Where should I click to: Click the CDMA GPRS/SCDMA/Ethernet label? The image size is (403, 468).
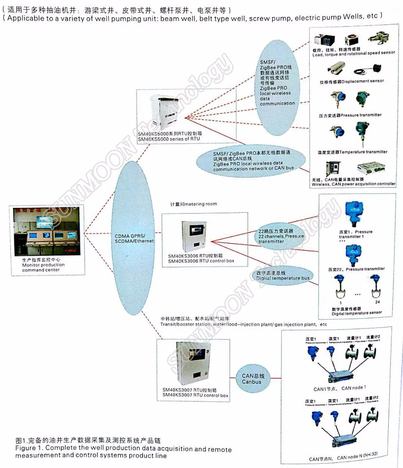tap(134, 238)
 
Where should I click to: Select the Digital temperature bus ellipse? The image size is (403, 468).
tap(283, 276)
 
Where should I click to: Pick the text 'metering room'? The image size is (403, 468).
tap(200, 204)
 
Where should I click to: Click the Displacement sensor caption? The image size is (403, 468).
tap(362, 81)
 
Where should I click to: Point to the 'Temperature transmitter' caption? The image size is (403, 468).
tap(363, 152)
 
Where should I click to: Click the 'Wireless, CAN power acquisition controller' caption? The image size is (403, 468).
tap(353, 184)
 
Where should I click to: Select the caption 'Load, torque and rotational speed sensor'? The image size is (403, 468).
tap(353, 54)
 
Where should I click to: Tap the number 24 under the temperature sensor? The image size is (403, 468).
tap(377, 302)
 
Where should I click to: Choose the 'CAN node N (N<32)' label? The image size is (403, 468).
tap(357, 457)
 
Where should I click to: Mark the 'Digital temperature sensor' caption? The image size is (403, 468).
tap(357, 313)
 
